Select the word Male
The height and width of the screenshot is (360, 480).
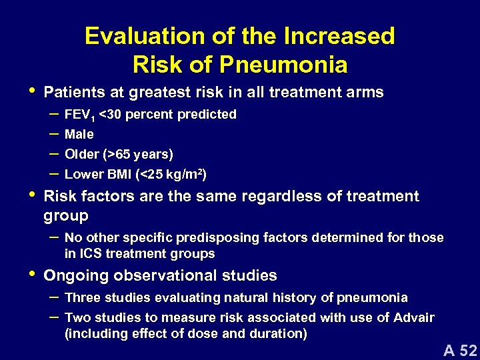pyautogui.click(x=79, y=134)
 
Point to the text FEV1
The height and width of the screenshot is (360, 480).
pyautogui.click(x=79, y=115)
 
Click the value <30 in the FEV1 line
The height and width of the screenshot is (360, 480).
pyautogui.click(x=110, y=114)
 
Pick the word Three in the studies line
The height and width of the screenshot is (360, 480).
pyautogui.click(x=81, y=297)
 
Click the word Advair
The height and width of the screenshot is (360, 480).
pyautogui.click(x=415, y=317)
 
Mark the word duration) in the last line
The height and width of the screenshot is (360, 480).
pyautogui.click(x=280, y=333)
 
